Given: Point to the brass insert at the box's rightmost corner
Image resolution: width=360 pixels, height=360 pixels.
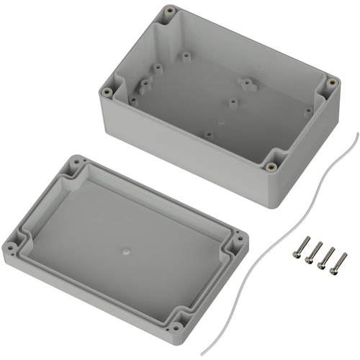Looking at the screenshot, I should coord(332,83).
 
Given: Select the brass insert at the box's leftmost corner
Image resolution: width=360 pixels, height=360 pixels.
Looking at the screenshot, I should coord(108,91).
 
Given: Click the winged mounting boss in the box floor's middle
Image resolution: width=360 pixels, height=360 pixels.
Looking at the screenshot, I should coord(246,84).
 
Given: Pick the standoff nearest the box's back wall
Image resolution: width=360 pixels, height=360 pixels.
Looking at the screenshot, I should coord(187,55).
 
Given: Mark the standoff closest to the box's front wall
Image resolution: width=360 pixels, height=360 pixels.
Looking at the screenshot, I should coord(208,134).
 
